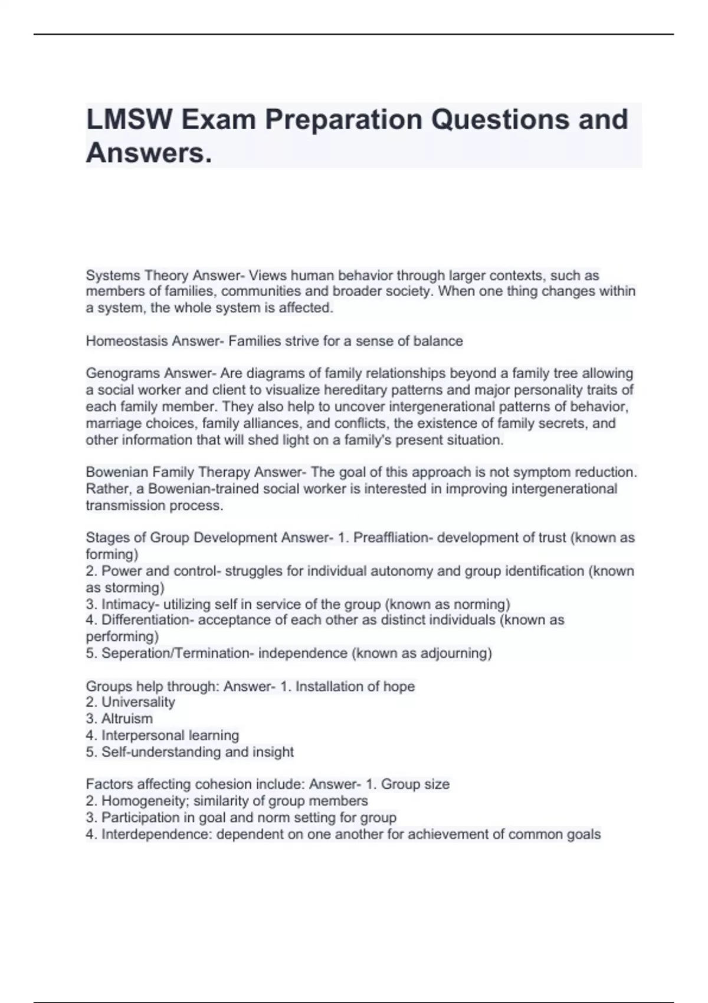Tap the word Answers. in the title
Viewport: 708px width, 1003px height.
148,153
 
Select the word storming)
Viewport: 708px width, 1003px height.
135,588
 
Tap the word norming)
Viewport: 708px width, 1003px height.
478,604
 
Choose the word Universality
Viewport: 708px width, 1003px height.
138,702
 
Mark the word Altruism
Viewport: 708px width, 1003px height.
127,719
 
